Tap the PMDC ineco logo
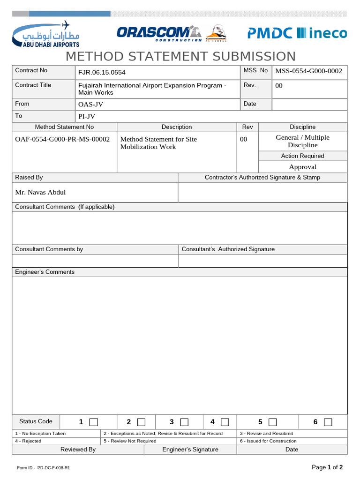[297, 33]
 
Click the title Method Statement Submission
[180, 56]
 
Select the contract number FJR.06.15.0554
[102, 73]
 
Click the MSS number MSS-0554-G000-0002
[308, 71]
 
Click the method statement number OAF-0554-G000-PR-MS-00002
[62, 139]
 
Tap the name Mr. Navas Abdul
[40, 192]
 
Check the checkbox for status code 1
[94, 422]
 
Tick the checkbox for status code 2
[141, 422]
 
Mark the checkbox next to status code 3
[184, 422]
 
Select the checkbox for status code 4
[225, 422]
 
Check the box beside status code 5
[273, 422]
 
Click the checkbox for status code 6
[328, 422]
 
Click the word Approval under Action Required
[302, 167]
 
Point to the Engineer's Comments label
[45, 272]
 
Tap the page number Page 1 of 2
[327, 467]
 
